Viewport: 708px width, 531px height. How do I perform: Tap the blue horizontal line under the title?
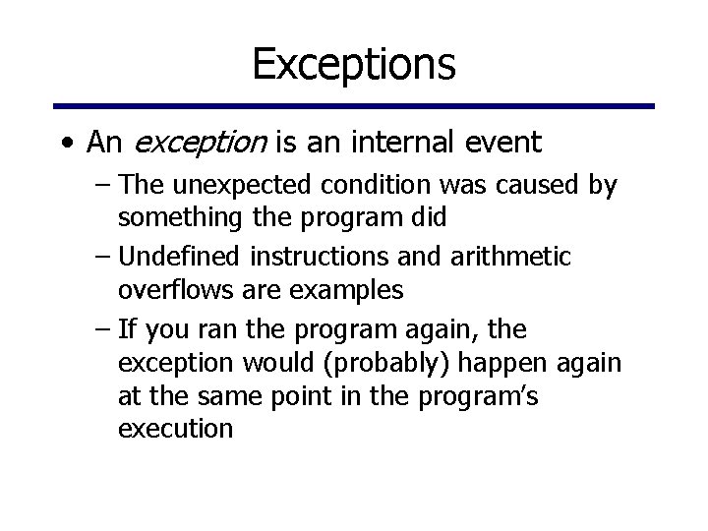[354, 106]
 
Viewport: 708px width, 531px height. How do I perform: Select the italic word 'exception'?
[199, 144]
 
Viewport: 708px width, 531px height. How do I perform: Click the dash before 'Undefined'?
[104, 258]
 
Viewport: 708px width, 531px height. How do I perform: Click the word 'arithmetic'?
[515, 257]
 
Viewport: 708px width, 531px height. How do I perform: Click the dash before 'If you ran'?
[104, 329]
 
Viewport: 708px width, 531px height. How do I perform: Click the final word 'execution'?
[175, 429]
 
